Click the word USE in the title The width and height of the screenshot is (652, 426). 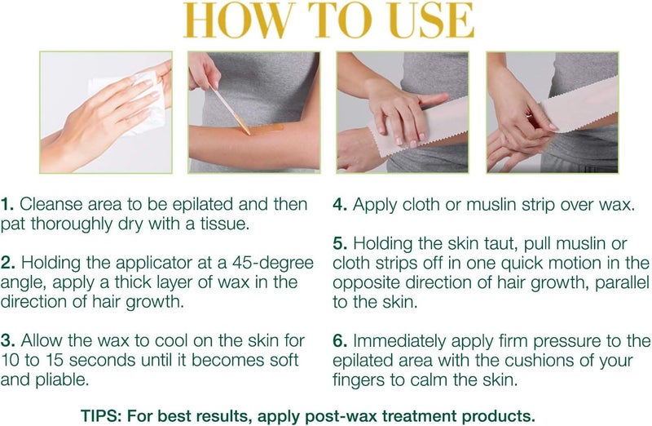(x=425, y=23)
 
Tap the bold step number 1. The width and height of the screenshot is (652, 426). (x=8, y=204)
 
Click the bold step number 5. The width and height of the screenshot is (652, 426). (x=340, y=243)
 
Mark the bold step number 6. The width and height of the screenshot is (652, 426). (x=340, y=341)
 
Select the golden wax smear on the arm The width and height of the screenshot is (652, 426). (x=265, y=127)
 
